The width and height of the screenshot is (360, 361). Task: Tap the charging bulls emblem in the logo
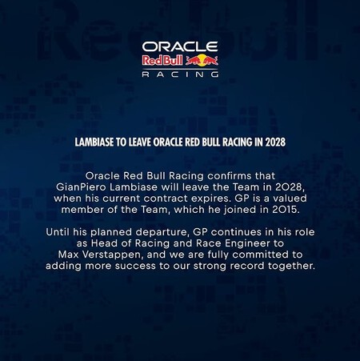click(202, 60)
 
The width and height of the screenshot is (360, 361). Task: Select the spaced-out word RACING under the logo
click(180, 74)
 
